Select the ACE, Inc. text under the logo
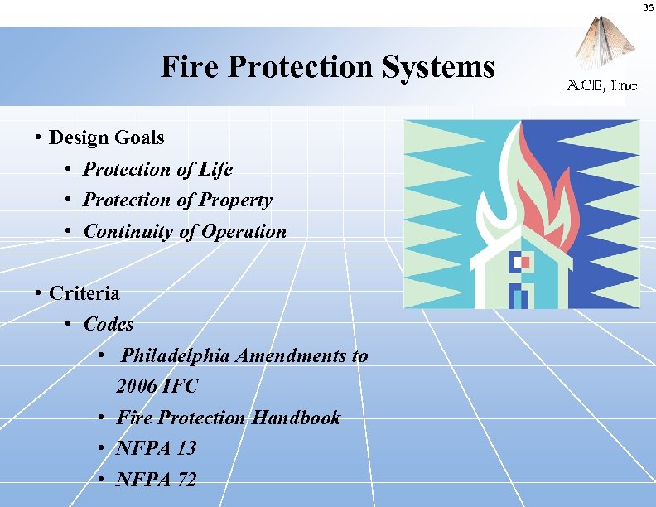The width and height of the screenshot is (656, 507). [x=603, y=84]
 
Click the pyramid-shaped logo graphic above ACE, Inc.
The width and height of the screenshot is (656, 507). [x=601, y=46]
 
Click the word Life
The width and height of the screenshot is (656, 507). [x=215, y=169]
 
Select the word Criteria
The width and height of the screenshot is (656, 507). [x=84, y=293]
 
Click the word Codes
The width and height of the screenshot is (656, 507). [x=109, y=324]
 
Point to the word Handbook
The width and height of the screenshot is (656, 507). [x=296, y=418]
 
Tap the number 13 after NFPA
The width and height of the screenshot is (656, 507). [x=186, y=448]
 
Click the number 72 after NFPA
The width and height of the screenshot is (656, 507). [x=186, y=480]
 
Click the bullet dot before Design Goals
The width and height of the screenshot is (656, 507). [x=39, y=138]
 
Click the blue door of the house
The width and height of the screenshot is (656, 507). [x=519, y=296]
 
